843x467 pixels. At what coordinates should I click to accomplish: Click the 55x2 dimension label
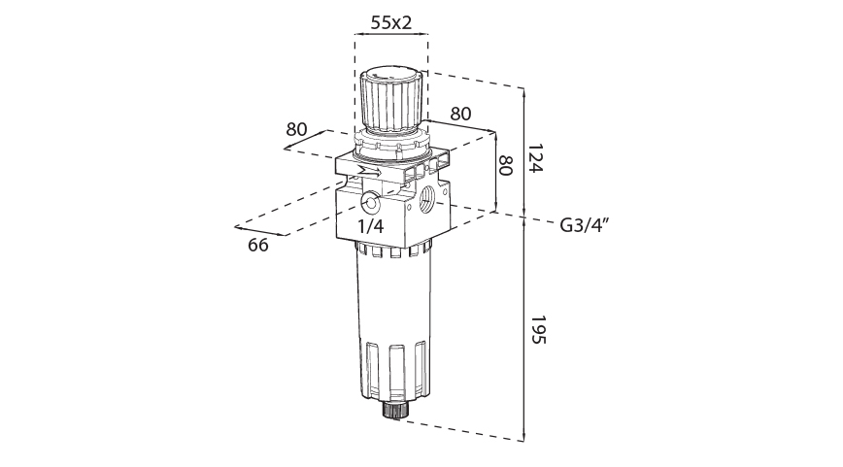click(x=390, y=21)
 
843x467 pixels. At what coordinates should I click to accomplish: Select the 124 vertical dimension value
click(x=536, y=158)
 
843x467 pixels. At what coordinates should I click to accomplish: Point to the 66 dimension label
click(x=258, y=245)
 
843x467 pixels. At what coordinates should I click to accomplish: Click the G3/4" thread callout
click(x=585, y=225)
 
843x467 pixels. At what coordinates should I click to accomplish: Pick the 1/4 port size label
click(x=370, y=226)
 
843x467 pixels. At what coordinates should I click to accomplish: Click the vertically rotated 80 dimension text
click(x=505, y=165)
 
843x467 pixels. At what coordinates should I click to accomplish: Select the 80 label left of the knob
click(x=297, y=129)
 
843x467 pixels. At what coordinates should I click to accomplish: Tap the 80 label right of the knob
click(x=460, y=113)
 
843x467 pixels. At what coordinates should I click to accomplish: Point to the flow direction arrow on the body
click(x=369, y=171)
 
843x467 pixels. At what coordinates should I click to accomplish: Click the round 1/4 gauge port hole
click(x=371, y=203)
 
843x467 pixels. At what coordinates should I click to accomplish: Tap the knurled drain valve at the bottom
click(x=393, y=409)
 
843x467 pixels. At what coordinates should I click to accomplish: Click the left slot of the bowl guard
click(x=374, y=367)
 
